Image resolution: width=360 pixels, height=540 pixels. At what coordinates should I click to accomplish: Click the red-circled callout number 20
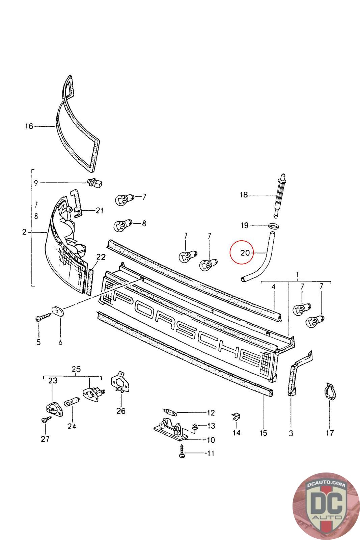(x=245, y=252)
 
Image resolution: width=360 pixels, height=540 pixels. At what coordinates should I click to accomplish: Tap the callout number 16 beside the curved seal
(x=29, y=126)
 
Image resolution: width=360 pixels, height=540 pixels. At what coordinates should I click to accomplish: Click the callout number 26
(x=121, y=411)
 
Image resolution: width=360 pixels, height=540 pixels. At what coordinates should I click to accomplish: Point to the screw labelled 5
(x=43, y=318)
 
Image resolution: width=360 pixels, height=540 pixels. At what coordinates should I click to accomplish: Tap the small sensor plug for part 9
(x=95, y=183)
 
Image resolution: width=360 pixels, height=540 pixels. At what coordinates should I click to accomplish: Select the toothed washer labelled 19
(x=273, y=225)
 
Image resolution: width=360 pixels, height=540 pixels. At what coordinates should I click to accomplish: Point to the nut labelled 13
(x=195, y=427)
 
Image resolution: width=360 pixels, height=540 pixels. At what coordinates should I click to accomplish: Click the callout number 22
(x=101, y=257)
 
